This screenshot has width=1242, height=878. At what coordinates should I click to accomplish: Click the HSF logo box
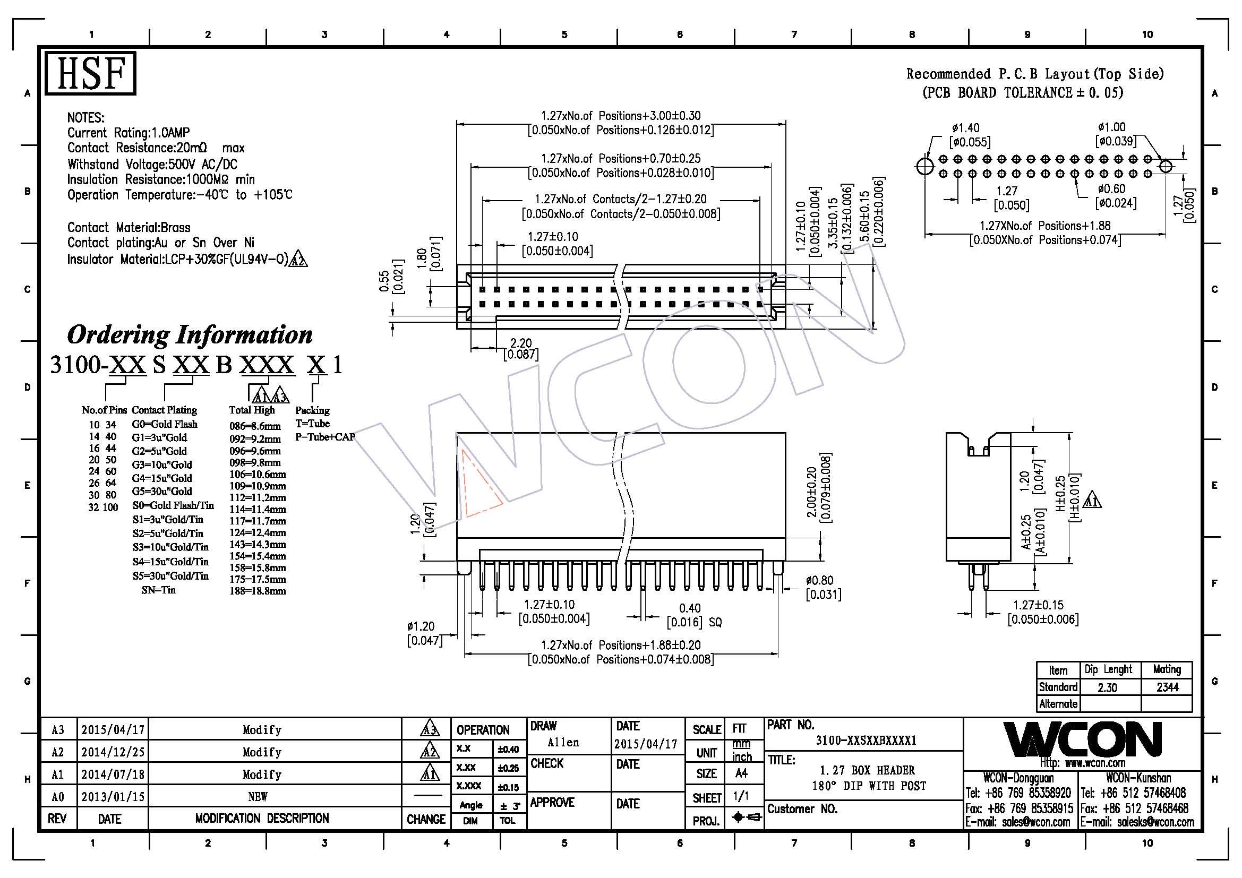coord(90,74)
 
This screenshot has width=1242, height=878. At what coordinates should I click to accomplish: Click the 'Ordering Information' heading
coord(190,334)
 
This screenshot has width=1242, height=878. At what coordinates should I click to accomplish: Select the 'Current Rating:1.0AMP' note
coord(128,133)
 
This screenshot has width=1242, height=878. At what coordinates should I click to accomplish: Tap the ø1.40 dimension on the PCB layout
coord(965,128)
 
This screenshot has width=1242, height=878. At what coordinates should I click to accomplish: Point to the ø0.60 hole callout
coord(1111,189)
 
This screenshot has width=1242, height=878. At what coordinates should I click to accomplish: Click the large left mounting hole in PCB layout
coord(926,166)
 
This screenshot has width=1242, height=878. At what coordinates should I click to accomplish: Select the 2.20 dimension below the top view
coord(521,343)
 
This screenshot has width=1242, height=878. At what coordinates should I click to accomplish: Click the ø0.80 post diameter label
coord(819,581)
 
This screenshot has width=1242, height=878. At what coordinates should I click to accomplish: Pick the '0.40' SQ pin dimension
coord(690,608)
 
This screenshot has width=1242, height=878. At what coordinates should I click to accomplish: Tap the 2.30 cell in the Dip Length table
coord(1108,687)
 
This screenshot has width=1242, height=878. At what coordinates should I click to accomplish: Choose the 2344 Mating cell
coord(1167,687)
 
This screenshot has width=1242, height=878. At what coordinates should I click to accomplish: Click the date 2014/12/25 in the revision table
coord(113,752)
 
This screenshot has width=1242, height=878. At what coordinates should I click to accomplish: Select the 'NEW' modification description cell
coord(258,796)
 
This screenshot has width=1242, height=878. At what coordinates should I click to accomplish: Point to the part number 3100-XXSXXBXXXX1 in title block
coord(866,741)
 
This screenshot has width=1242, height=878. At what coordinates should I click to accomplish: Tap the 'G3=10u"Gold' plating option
coord(162,464)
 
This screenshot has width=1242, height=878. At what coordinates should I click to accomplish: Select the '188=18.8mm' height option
coord(258,591)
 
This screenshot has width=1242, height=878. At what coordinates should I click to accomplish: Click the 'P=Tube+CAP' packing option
coord(325,437)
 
